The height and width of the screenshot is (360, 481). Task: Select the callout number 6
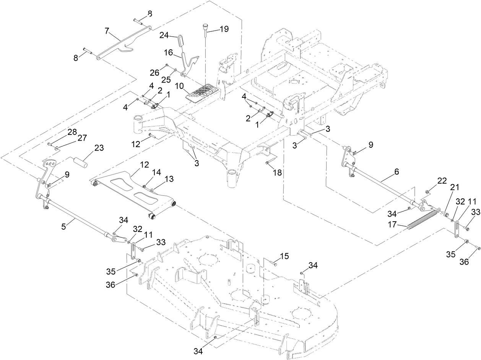pyautogui.click(x=396, y=172)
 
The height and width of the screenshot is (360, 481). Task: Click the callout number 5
pyautogui.click(x=64, y=226)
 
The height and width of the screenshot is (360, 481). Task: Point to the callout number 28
pyautogui.click(x=72, y=132)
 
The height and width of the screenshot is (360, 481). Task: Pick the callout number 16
pyautogui.click(x=169, y=52)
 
